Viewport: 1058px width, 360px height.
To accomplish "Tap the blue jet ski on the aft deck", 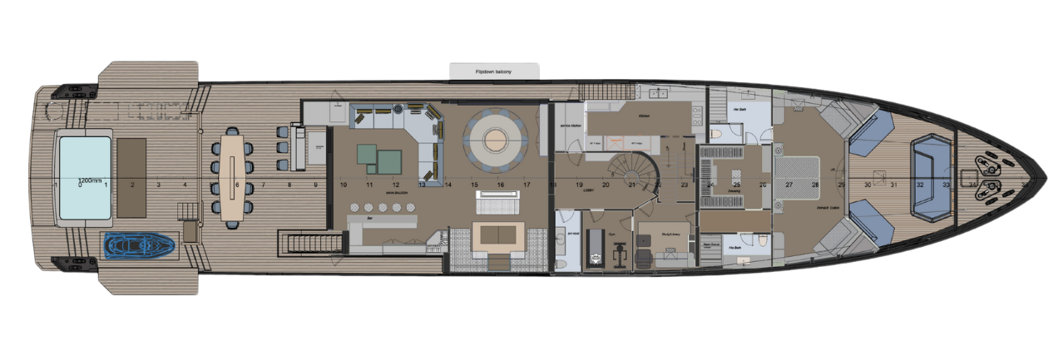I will tap(139, 245).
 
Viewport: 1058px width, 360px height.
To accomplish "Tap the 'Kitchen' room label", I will tap(643, 117).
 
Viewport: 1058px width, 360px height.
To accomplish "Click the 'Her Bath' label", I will tap(738, 110).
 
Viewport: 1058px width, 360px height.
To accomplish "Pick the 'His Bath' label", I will tap(735, 248).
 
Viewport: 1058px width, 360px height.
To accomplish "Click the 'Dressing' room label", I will tap(735, 190).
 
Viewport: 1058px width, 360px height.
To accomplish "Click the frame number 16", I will tap(500, 185).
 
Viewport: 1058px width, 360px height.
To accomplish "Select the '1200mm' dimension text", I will tap(89, 180).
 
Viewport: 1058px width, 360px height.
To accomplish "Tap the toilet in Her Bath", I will tap(716, 133).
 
